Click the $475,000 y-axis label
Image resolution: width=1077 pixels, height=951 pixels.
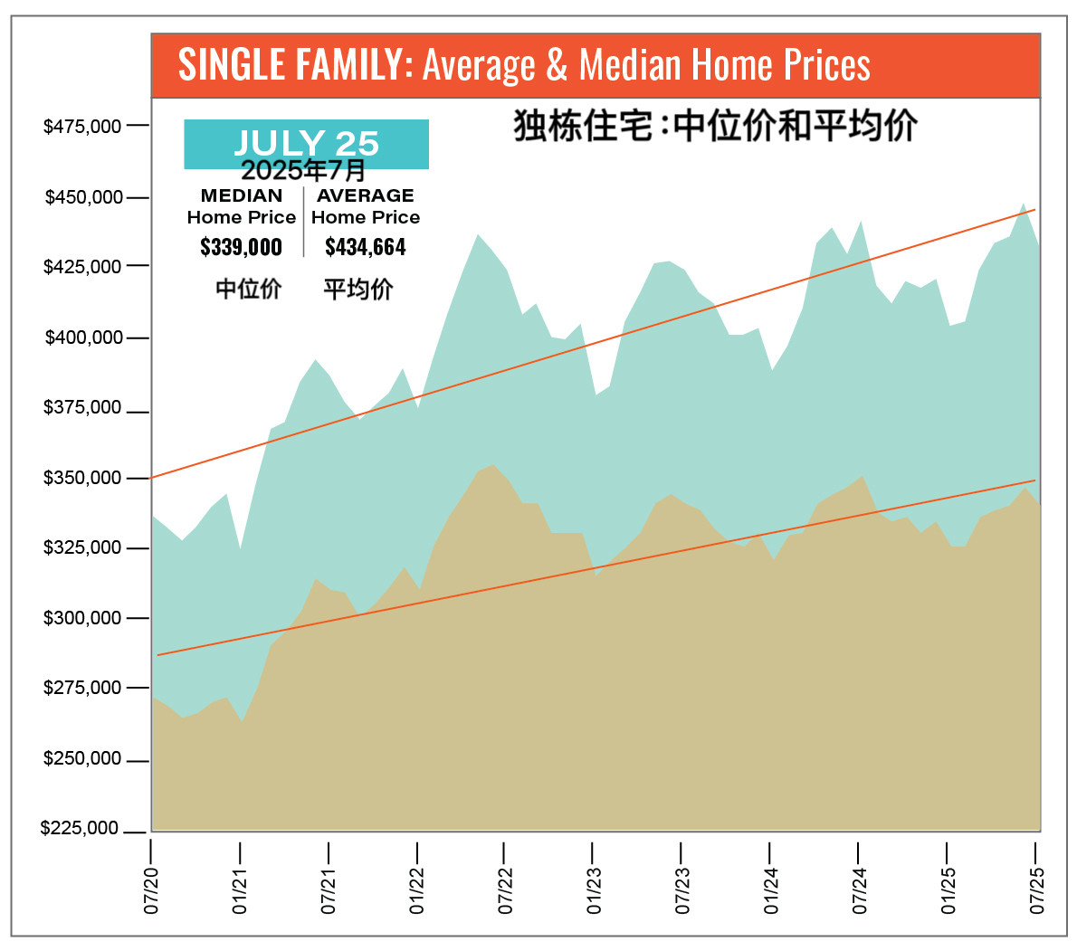click(x=82, y=127)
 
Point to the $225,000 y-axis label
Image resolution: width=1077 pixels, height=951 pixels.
click(x=80, y=829)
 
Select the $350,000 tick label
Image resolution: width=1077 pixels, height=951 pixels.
click(x=82, y=478)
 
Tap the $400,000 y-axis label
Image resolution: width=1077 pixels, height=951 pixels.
click(x=83, y=338)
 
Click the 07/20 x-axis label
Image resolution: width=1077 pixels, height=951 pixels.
click(x=151, y=889)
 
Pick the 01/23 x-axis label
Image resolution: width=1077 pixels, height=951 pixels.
click(x=594, y=889)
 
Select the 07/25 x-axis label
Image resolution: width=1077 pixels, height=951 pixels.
click(x=1037, y=889)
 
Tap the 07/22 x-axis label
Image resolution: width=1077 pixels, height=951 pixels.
click(x=505, y=889)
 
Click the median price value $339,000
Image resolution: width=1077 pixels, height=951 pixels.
click(x=241, y=247)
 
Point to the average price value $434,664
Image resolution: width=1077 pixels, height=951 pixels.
click(x=366, y=247)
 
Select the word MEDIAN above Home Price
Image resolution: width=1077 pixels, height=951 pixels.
click(x=242, y=195)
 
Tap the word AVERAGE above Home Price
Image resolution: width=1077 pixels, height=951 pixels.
click(x=366, y=195)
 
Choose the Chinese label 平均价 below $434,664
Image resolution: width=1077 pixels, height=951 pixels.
click(x=358, y=290)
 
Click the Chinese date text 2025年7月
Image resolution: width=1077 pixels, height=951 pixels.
click(x=303, y=170)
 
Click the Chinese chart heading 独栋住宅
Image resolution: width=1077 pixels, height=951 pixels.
click(x=583, y=126)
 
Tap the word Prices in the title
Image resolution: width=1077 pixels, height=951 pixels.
click(x=827, y=65)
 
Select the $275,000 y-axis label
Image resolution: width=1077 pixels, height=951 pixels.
click(x=82, y=688)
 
